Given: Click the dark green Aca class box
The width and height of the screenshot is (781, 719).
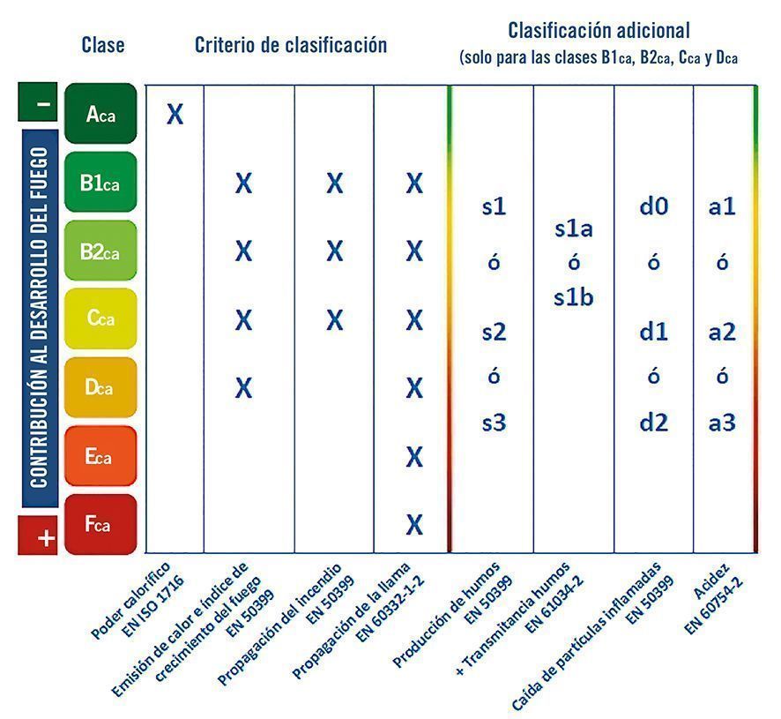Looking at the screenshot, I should tap(100, 113).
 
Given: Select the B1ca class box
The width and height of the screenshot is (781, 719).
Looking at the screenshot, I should tap(100, 182).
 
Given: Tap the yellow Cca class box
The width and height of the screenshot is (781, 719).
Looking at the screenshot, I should tap(100, 318).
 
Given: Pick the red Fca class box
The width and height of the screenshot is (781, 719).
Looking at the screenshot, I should tap(100, 524).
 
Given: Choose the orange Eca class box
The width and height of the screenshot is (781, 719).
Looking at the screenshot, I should tap(100, 455).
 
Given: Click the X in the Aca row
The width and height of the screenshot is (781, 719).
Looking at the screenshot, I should tap(175, 114).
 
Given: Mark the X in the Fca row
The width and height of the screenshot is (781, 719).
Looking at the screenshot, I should tap(414, 524).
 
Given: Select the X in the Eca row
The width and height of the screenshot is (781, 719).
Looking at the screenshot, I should tap(414, 456).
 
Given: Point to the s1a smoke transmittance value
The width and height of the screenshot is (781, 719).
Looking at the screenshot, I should tap(573, 228).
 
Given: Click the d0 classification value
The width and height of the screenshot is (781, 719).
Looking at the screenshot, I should tap(653, 207).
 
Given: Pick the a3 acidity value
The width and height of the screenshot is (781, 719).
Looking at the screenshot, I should tap(722, 423).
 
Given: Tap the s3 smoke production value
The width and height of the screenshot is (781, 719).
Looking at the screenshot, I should tap(494, 423).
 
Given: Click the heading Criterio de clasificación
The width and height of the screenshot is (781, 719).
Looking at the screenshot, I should tap(291, 45).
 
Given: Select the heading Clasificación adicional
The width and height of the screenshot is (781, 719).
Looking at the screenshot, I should tap(599, 31).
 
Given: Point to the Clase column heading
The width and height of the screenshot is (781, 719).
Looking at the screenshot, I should tap(103, 44).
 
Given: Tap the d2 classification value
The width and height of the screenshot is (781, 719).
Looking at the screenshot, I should tap(653, 423).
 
